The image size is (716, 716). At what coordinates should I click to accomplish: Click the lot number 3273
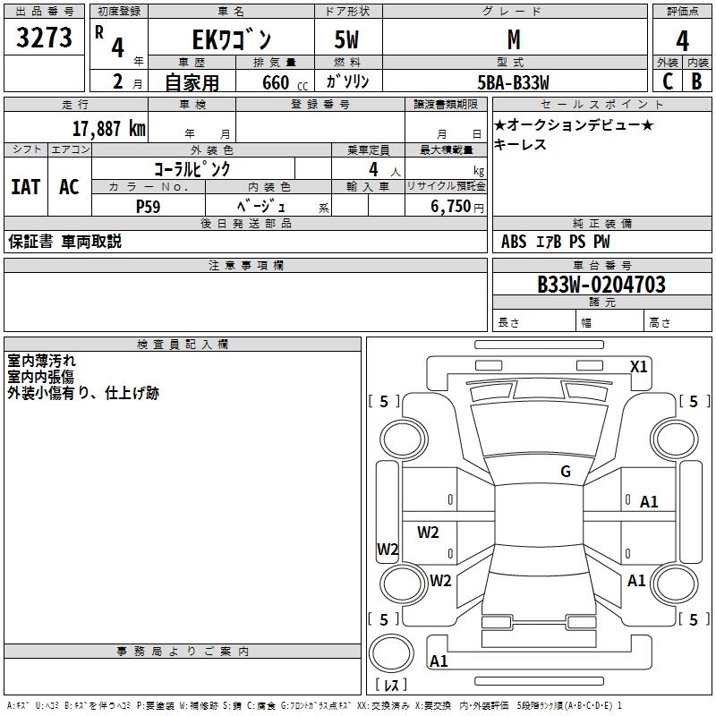44,37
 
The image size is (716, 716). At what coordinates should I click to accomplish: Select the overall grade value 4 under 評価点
682,41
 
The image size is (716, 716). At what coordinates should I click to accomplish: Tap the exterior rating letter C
668,81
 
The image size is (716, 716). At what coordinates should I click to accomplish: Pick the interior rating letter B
696,81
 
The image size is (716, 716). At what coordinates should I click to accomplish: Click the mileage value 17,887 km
109,129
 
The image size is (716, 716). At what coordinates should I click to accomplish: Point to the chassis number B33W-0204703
601,285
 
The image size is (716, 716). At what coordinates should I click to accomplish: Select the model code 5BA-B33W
513,82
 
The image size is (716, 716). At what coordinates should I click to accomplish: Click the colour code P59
149,207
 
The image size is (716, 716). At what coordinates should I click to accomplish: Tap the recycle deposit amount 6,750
451,207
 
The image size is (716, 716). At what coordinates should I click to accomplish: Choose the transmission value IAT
26,187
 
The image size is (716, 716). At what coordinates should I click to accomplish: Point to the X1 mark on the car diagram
638,367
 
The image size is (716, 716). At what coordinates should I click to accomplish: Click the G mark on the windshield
566,472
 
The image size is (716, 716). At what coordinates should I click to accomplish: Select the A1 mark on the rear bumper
439,661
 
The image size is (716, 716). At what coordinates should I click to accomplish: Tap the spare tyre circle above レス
391,653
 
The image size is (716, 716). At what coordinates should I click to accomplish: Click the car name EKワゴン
232,39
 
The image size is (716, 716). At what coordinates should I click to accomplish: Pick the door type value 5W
346,39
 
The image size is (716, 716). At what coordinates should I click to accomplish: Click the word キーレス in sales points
520,144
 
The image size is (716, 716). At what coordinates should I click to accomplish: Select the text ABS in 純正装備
514,242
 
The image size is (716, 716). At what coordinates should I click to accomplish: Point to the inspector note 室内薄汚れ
41,361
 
